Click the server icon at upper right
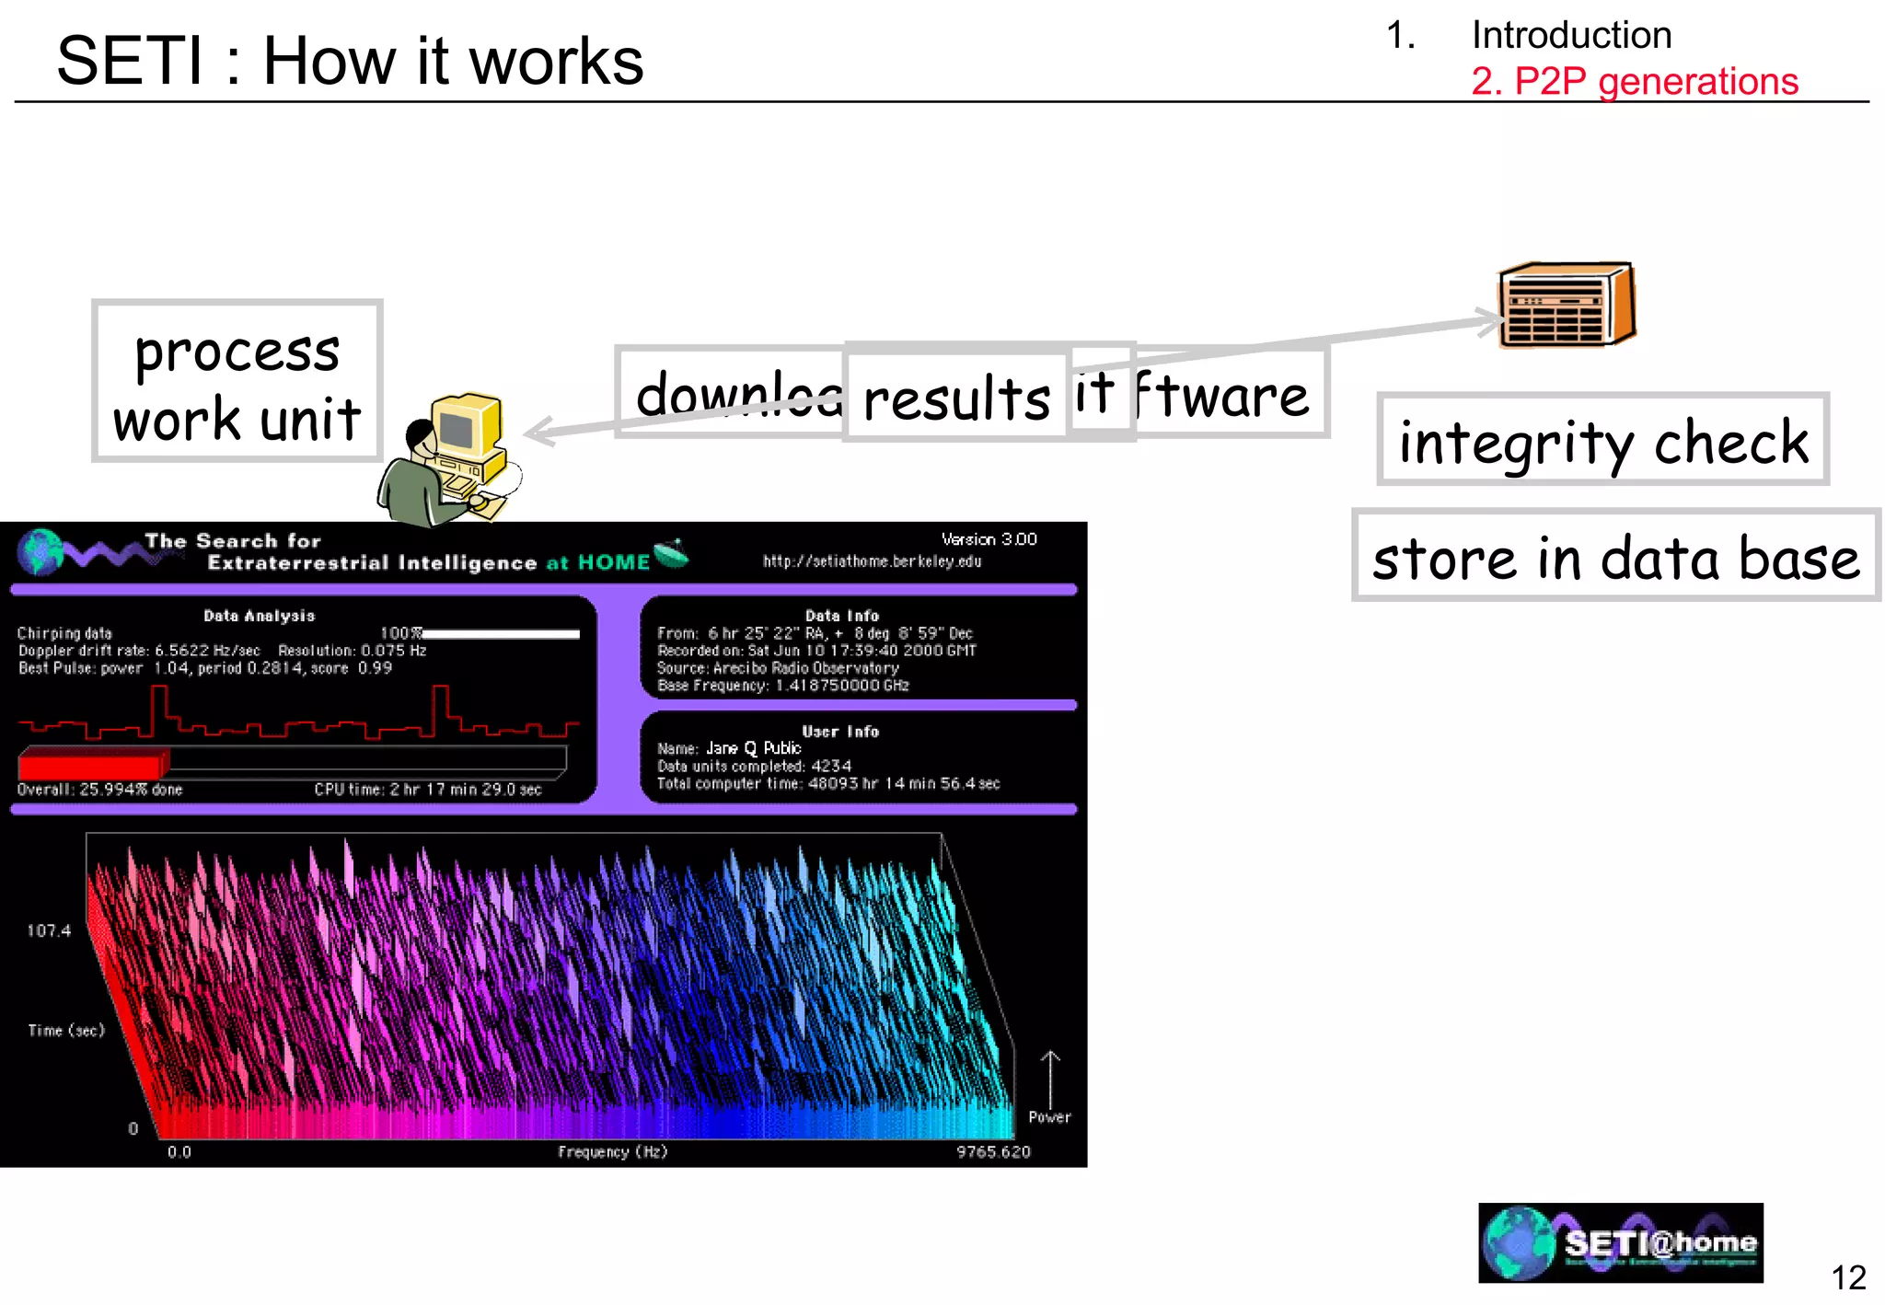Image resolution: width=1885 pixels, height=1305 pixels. [1567, 306]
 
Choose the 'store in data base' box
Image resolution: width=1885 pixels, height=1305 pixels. [1615, 557]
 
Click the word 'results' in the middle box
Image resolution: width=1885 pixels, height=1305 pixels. [956, 398]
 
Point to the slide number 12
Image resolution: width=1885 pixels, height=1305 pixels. [1847, 1277]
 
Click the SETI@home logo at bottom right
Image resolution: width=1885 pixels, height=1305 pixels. [1620, 1243]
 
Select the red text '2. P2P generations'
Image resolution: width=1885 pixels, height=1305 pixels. [1634, 81]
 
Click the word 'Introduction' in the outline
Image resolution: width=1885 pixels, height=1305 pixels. [1571, 35]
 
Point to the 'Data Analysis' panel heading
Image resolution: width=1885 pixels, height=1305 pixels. [259, 616]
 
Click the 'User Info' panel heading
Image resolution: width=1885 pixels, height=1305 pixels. [840, 732]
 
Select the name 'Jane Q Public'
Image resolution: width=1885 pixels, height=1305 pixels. [753, 748]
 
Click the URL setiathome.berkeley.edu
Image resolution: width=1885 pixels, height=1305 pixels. [872, 561]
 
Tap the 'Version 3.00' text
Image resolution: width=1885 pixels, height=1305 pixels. [989, 539]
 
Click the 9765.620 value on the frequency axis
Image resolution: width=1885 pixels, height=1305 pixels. [993, 1152]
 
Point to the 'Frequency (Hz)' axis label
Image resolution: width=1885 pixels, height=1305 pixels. [612, 1152]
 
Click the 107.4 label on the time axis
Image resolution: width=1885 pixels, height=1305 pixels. [49, 930]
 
